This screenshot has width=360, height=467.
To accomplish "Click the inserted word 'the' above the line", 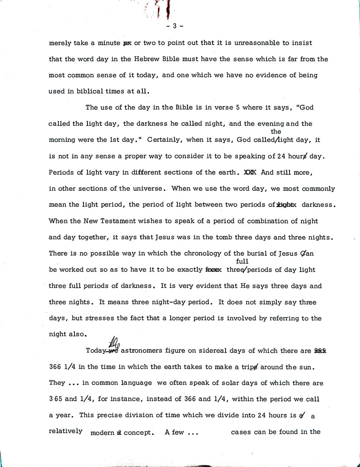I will coord(275,132).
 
